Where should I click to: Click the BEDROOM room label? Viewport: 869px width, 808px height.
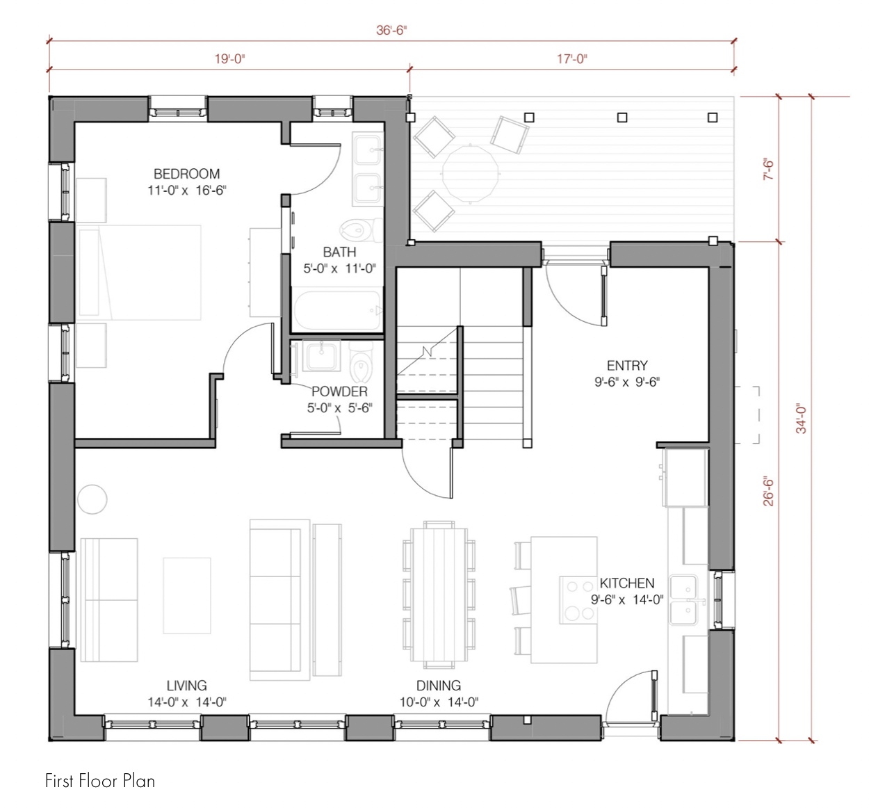pyautogui.click(x=187, y=175)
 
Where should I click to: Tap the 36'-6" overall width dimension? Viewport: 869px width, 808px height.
pyautogui.click(x=391, y=30)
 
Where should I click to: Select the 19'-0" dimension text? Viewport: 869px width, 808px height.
pyautogui.click(x=229, y=58)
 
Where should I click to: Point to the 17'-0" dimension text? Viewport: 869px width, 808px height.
pyautogui.click(x=572, y=58)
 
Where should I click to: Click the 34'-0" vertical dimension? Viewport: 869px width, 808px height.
pyautogui.click(x=801, y=419)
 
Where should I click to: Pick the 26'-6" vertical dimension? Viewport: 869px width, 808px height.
pyautogui.click(x=768, y=493)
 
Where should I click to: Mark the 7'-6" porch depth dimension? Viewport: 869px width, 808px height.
pyautogui.click(x=768, y=169)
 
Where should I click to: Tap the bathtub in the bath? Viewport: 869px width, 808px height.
pyautogui.click(x=337, y=310)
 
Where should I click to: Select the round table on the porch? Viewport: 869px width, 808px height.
pyautogui.click(x=471, y=173)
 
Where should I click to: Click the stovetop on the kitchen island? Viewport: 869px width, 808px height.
pyautogui.click(x=578, y=599)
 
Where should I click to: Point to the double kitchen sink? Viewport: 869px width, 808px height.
pyautogui.click(x=683, y=600)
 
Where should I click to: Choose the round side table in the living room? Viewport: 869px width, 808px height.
pyautogui.click(x=92, y=499)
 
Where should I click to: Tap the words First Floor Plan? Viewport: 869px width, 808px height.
pyautogui.click(x=100, y=781)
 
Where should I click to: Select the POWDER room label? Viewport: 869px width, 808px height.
pyautogui.click(x=339, y=391)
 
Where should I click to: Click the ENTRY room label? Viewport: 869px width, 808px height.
pyautogui.click(x=627, y=366)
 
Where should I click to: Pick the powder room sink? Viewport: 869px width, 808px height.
pyautogui.click(x=322, y=356)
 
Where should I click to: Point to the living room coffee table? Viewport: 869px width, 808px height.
pyautogui.click(x=187, y=595)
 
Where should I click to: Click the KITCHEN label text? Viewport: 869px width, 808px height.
pyautogui.click(x=627, y=583)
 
